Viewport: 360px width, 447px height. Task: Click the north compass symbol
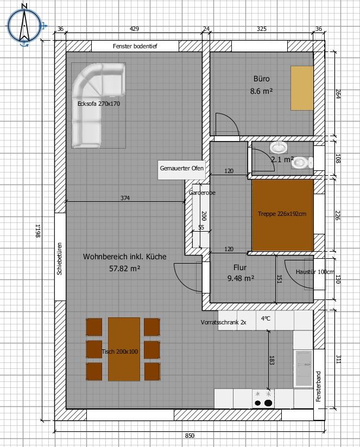coord(24,25)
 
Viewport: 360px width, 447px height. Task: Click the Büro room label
coord(261,79)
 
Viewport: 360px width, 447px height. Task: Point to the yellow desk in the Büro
coord(302,88)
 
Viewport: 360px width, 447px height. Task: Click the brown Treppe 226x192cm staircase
coord(282,215)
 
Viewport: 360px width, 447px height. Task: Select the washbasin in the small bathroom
coord(278,148)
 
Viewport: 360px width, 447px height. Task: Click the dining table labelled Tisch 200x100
coord(124,349)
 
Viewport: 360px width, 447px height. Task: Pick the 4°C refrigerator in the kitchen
coord(266,320)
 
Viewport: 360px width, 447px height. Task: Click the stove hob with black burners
coord(263,399)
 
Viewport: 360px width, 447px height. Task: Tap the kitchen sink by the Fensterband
coord(304,368)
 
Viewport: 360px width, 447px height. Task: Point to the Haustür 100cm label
coord(314,272)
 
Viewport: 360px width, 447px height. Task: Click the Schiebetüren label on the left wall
coord(59,259)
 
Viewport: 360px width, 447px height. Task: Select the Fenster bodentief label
coord(135,46)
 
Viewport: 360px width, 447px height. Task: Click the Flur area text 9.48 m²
coord(241,278)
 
